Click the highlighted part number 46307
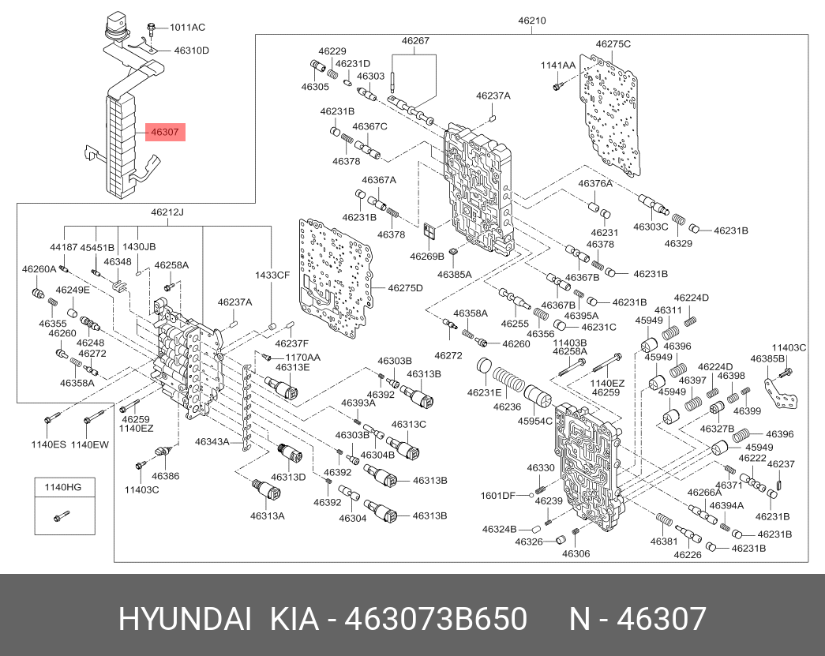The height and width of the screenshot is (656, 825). point(164,133)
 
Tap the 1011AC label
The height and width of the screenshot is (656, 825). point(187,27)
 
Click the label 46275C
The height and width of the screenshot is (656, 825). point(613,44)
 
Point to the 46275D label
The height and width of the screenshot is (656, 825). point(405,287)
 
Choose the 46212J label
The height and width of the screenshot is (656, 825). point(167,212)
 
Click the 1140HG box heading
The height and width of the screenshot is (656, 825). point(64,487)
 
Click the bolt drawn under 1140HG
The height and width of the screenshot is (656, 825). point(61,517)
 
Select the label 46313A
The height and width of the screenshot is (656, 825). point(268,515)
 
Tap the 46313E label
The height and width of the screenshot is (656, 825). point(292,367)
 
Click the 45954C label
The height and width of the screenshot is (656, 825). point(535,422)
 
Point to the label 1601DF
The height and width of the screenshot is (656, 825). point(498,495)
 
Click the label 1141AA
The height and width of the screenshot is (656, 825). point(558,65)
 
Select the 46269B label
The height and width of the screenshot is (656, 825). point(427,256)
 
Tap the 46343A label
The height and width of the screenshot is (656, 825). point(212,442)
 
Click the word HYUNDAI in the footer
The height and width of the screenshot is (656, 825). point(186,620)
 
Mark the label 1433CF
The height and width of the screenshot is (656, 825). point(272,275)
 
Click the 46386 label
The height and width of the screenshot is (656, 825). point(166,476)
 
